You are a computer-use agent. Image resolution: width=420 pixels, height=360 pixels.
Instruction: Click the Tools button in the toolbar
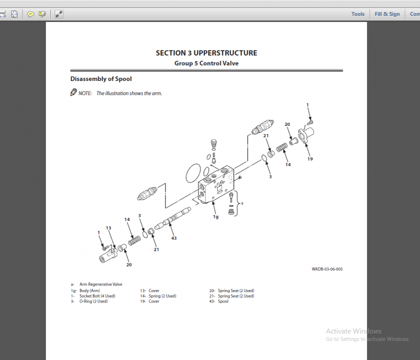coord(358,14)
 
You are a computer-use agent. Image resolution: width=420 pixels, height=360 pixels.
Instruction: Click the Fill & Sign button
coord(387,14)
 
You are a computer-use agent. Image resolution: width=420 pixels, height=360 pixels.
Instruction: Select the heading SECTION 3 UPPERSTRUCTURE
coord(206,53)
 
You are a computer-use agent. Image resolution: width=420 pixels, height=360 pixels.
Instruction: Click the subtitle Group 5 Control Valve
coord(206,63)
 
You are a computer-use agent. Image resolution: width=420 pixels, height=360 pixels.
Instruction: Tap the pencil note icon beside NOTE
coord(73,92)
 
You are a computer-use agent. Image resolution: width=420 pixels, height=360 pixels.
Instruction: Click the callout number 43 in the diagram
coord(174,239)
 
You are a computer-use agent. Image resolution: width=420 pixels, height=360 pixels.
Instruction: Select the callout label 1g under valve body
coord(215,216)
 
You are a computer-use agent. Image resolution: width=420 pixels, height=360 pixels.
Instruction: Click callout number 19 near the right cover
coord(310,159)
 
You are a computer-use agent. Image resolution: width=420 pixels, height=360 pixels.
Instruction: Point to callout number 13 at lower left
coord(108,228)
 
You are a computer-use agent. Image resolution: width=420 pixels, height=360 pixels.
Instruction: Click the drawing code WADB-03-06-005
coord(327,269)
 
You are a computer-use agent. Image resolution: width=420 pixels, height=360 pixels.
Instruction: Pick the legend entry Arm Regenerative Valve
coord(101,284)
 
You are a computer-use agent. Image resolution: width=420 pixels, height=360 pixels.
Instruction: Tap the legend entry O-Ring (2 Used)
coord(93,301)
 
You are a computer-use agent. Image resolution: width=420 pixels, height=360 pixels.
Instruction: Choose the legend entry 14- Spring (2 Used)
coord(158,296)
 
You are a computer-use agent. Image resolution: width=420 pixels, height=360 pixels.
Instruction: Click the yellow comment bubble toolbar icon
coord(31,14)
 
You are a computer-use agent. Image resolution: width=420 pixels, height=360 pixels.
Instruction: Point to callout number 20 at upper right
coord(287,124)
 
